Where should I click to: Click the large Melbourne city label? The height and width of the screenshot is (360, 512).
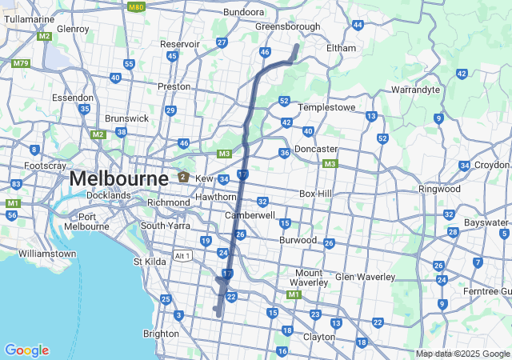pos(118,178)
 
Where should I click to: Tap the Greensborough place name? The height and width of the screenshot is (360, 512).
pos(287,26)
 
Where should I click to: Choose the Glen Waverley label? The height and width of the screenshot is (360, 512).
pos(365,277)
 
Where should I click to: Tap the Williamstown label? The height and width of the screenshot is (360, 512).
pos(47,254)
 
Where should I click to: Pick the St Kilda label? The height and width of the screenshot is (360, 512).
pos(148,262)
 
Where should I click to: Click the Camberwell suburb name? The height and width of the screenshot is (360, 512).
pos(250,216)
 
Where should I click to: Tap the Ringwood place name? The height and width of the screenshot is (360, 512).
pos(439,189)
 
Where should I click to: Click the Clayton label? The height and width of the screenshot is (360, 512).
pos(318,337)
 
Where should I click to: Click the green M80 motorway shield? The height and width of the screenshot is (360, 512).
pos(136,6)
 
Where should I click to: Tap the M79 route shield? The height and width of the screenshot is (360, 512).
pos(21,64)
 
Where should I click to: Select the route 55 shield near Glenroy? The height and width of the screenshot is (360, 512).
pos(129,64)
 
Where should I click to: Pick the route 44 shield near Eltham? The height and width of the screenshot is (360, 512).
pos(358,25)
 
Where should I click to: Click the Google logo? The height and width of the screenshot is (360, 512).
pos(26,350)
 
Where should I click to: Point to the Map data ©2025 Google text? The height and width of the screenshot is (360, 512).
pos(462,354)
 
